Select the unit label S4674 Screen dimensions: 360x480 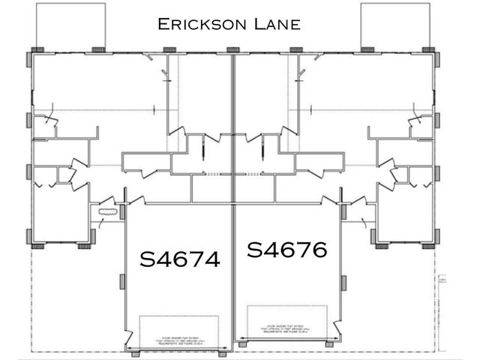tap(180, 259)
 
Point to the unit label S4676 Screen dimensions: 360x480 tap(287, 250)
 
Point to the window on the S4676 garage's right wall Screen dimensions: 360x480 tap(342, 285)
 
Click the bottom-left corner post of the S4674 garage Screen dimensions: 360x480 tap(133, 352)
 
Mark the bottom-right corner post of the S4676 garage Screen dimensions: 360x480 tap(331, 343)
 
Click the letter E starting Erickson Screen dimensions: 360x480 tap(163, 24)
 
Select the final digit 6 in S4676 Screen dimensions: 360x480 tap(319, 250)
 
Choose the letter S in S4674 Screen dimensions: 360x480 tap(148, 259)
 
